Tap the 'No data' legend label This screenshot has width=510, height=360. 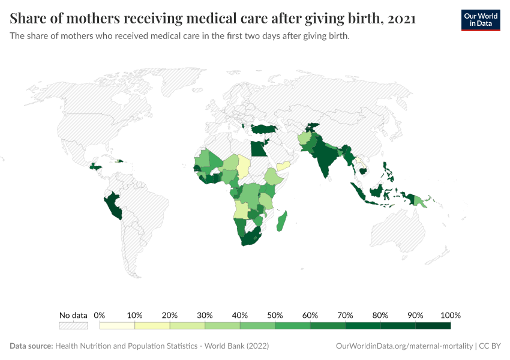click(73, 315)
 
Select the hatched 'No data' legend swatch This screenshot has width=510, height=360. click(73, 326)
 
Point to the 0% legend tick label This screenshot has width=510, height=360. click(100, 315)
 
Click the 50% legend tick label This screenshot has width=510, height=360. click(275, 315)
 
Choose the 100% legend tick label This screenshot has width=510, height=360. click(450, 315)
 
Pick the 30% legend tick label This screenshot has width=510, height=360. click(205, 315)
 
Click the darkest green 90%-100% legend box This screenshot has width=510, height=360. click(433, 326)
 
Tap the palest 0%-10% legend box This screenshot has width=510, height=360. click(117, 326)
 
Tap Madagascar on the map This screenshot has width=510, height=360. click(281, 221)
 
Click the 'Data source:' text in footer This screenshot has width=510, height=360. click(31, 346)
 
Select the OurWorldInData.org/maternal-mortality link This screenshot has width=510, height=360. click(404, 346)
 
